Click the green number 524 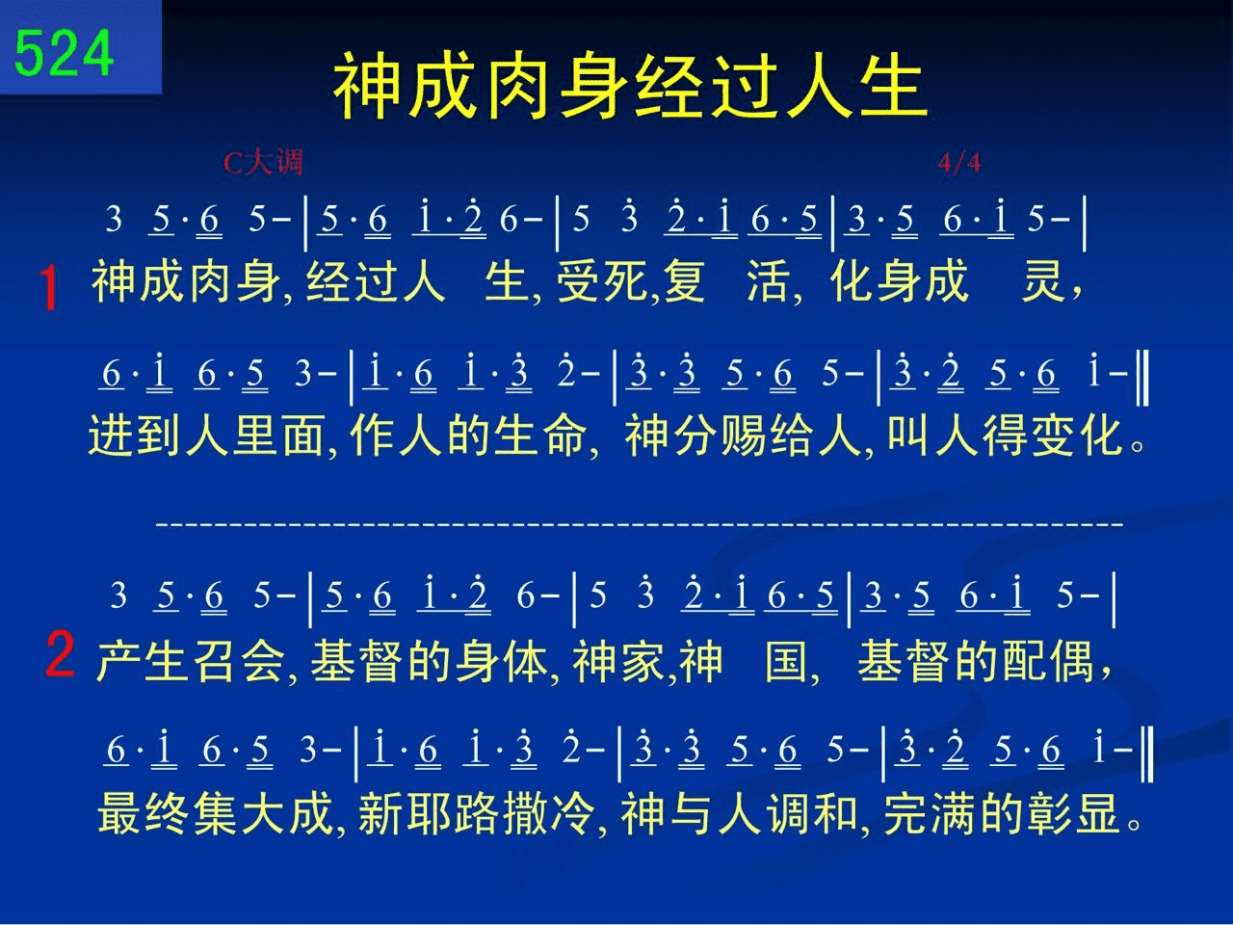click(x=64, y=53)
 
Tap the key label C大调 click(x=263, y=163)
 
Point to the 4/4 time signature click(x=959, y=163)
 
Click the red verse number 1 click(x=49, y=287)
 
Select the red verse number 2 click(x=60, y=653)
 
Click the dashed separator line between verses click(x=640, y=524)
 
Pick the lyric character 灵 click(x=1042, y=280)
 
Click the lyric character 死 click(x=627, y=280)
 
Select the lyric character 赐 click(x=743, y=436)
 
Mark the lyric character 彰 click(x=1048, y=813)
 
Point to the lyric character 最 click(x=119, y=813)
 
